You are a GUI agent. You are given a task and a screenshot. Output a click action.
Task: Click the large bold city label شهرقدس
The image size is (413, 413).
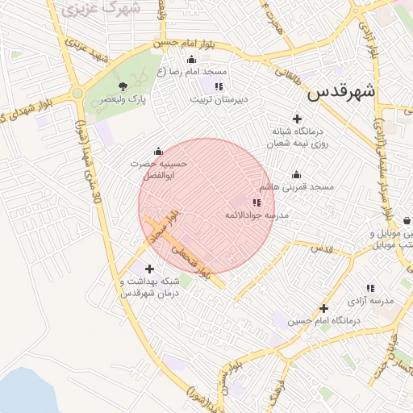[342, 91]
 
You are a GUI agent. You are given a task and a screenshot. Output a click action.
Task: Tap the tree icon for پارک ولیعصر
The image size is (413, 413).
[123, 86]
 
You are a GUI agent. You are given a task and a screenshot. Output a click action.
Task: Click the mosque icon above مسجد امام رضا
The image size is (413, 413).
[191, 59]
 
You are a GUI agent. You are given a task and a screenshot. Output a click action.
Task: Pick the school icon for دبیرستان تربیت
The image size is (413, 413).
[219, 86]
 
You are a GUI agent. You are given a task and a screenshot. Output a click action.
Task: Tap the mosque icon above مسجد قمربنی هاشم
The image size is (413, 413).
[296, 175]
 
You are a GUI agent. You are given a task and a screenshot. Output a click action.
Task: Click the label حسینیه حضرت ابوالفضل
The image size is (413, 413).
[160, 167]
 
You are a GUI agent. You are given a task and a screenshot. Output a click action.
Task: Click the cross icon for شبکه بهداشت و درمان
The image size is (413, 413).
[148, 269]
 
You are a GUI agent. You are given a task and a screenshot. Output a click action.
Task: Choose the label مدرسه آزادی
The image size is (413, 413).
[370, 300]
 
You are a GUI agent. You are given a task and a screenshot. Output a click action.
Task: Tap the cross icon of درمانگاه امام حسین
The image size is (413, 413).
[324, 308]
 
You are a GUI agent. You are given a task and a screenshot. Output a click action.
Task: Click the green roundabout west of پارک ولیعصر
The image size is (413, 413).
[77, 94]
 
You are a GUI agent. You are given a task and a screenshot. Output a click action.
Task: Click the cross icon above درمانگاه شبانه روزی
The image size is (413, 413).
[297, 119]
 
